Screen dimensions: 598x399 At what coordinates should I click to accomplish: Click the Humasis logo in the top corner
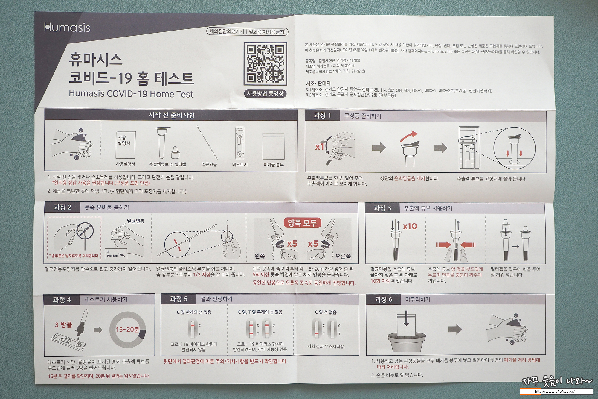(67, 28)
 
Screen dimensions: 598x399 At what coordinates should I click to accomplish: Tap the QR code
(265, 64)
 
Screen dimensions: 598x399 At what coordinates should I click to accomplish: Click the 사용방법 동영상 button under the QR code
(265, 94)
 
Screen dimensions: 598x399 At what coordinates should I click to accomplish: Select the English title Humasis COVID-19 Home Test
(131, 94)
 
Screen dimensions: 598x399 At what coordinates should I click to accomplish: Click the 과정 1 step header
(322, 116)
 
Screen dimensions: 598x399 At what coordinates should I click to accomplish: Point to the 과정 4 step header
(62, 300)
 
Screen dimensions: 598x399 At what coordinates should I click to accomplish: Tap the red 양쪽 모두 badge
(302, 223)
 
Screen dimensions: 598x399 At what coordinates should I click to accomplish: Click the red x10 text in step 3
(410, 226)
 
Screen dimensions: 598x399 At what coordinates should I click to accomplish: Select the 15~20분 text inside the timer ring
(127, 330)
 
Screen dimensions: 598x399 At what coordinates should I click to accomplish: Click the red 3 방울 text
(63, 325)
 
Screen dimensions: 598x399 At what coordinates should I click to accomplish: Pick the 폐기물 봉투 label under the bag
(274, 165)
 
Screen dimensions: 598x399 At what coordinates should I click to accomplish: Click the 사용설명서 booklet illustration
(126, 145)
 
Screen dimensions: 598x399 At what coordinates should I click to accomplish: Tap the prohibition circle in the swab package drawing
(85, 231)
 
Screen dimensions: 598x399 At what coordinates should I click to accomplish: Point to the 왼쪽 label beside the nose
(260, 256)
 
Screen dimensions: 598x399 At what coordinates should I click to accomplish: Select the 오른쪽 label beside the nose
(343, 256)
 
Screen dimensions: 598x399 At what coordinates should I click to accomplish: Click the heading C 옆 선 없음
(326, 312)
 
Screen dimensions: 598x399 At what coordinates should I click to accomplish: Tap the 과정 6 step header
(383, 300)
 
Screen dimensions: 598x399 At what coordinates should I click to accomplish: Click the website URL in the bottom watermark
(555, 391)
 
